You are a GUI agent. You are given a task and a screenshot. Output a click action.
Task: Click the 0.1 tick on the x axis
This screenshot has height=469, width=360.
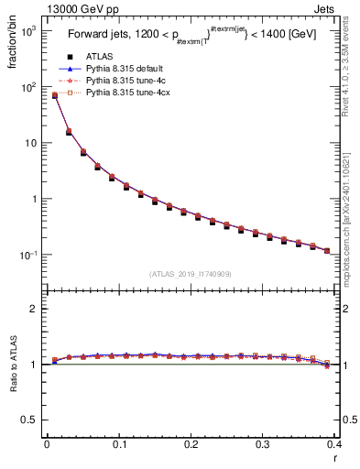(119, 444)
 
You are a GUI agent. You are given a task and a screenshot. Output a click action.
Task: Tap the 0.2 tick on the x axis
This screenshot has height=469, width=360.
(191, 444)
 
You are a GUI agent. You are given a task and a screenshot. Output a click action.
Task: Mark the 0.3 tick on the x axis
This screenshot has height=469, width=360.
(264, 444)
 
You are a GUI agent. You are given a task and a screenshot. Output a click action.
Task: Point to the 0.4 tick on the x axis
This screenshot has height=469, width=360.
(335, 444)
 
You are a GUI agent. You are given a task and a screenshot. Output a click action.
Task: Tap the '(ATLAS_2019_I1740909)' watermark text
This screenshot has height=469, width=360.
(191, 273)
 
